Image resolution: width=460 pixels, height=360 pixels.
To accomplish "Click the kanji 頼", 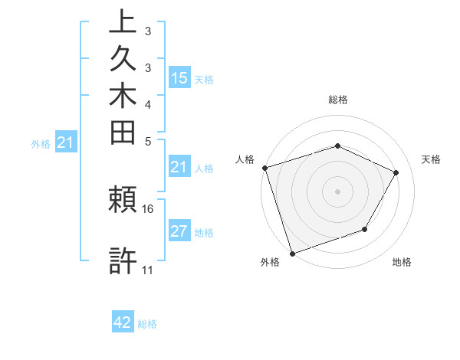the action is click(x=123, y=201).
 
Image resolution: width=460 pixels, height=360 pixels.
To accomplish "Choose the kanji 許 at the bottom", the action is click(x=123, y=260).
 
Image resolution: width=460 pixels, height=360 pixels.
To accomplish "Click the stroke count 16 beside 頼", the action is click(x=148, y=208).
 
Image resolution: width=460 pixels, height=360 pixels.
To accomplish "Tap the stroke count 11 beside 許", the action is click(x=148, y=270).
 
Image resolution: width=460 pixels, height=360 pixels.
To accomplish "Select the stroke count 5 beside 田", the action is click(x=148, y=141).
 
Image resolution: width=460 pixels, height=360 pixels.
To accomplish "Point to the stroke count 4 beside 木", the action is click(x=148, y=104).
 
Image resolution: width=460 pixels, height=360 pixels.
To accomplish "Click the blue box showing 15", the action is click(x=179, y=78).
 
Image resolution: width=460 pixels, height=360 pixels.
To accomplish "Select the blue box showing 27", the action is click(x=179, y=232).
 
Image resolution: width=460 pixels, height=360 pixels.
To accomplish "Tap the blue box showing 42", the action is click(x=123, y=322).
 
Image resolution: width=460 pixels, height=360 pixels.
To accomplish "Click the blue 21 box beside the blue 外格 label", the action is click(x=66, y=142).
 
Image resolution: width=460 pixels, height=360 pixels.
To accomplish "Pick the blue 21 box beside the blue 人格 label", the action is click(x=179, y=167).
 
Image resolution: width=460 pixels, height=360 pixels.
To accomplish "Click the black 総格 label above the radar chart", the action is click(x=338, y=100).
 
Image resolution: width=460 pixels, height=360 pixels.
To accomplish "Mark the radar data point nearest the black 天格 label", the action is click(x=396, y=172).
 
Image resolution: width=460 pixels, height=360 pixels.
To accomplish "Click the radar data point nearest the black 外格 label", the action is click(x=293, y=252).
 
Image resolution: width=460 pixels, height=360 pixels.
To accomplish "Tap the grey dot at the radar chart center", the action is click(x=337, y=191).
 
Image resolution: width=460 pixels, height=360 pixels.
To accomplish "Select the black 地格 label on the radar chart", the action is click(x=402, y=263).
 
